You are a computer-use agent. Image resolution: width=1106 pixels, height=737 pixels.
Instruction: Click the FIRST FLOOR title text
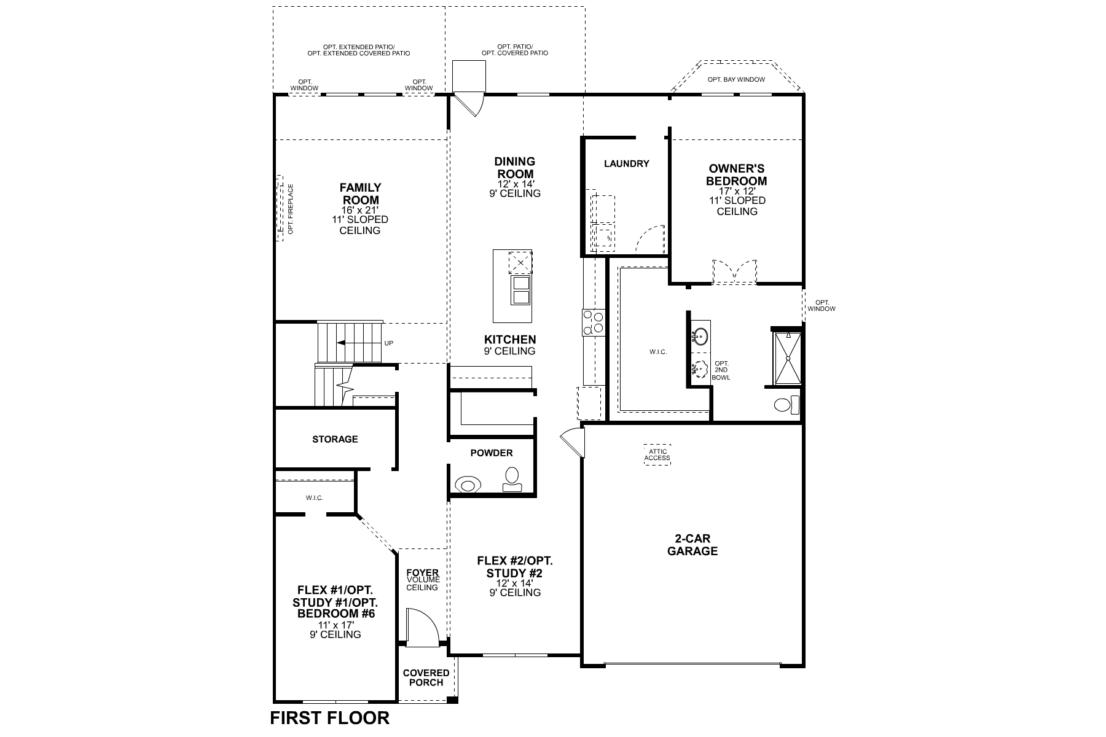point(329,718)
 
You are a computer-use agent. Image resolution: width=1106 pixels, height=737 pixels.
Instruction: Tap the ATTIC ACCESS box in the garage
point(657,455)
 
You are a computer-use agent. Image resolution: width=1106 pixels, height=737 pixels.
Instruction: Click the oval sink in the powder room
point(468,485)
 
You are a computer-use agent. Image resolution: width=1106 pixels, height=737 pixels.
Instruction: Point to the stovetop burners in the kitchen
point(594,322)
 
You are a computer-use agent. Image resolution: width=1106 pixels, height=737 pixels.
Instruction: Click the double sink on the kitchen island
point(520,290)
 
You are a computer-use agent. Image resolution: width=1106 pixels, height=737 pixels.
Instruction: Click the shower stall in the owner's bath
point(787,358)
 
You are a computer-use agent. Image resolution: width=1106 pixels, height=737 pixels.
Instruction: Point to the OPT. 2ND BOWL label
point(721,370)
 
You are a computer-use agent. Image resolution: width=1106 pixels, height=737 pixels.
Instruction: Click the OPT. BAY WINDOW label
point(736,79)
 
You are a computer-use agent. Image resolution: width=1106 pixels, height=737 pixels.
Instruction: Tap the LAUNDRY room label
point(626,163)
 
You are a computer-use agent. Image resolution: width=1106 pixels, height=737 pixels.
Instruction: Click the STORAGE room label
point(335,439)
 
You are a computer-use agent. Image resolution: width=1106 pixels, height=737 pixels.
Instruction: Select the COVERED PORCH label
point(426,677)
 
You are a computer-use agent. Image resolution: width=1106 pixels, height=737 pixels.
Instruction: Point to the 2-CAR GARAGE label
point(692,545)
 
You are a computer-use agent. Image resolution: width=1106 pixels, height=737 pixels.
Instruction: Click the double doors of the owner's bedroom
point(735,271)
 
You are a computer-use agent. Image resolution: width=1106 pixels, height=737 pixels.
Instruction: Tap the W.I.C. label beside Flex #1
point(315,497)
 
